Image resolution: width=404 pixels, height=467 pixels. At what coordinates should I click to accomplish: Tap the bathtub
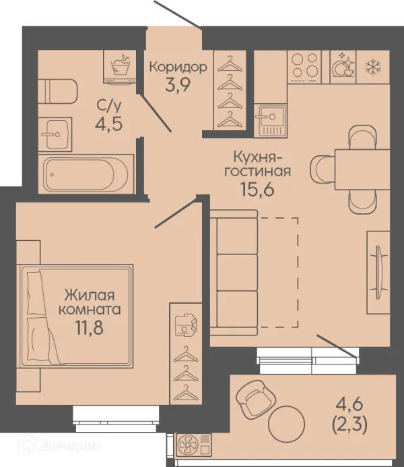(86, 174)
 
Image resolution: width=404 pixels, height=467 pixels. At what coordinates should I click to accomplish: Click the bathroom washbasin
(55, 134)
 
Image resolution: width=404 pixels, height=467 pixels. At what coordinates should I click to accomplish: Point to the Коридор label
(178, 67)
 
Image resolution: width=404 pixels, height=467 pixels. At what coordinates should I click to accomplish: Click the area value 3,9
(178, 85)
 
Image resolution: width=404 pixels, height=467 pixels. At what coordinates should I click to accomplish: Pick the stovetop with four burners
(304, 67)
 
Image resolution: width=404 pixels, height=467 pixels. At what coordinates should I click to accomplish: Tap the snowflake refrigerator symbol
(373, 67)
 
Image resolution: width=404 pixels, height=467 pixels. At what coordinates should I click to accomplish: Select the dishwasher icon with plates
(343, 65)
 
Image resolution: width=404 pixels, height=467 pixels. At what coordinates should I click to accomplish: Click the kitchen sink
(270, 120)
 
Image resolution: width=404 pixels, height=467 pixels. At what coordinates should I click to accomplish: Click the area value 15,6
(257, 190)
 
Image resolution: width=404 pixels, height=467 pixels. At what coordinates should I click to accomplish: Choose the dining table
(362, 169)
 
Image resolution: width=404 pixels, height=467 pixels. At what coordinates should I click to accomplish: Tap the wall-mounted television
(378, 272)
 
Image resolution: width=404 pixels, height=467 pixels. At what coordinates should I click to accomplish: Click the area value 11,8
(90, 327)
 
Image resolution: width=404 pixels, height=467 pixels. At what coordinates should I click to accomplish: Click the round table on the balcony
(286, 424)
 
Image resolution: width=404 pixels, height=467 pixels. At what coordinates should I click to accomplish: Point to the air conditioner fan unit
(194, 445)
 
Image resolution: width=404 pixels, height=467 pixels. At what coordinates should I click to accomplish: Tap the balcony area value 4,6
(349, 405)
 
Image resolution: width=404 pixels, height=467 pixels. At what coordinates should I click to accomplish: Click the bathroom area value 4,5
(108, 123)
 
